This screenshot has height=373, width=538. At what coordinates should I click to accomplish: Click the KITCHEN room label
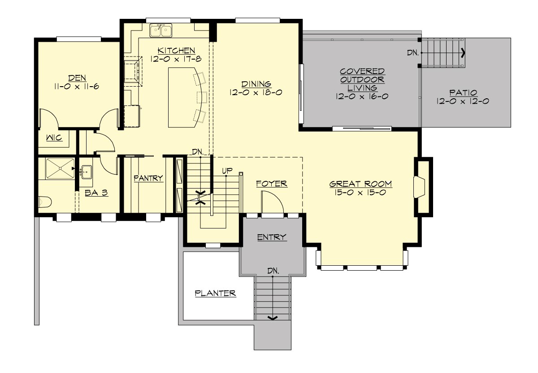point(176,50)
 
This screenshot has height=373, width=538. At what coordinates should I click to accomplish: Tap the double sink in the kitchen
point(162,31)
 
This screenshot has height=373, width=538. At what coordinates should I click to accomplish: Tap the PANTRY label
point(148,178)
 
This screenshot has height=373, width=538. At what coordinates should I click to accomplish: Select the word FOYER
point(271,184)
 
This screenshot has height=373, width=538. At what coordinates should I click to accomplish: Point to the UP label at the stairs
point(227,171)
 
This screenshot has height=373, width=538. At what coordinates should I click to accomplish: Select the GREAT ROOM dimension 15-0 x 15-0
point(360,193)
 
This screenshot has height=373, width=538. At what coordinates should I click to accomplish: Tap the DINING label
point(256,83)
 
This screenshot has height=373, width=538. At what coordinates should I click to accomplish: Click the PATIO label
point(462,93)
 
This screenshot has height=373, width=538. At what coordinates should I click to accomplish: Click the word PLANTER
point(215,294)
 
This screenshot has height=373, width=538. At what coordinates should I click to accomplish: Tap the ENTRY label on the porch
point(272,237)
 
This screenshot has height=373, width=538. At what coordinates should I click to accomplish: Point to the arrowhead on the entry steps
point(272,318)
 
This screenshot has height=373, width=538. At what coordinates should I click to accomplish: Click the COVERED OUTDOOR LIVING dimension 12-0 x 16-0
point(361,96)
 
